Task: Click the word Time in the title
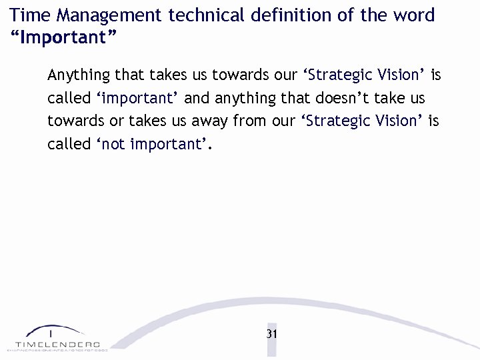click(28, 15)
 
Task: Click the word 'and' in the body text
click(197, 98)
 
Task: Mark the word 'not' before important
click(114, 144)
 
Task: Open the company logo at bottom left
click(54, 337)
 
